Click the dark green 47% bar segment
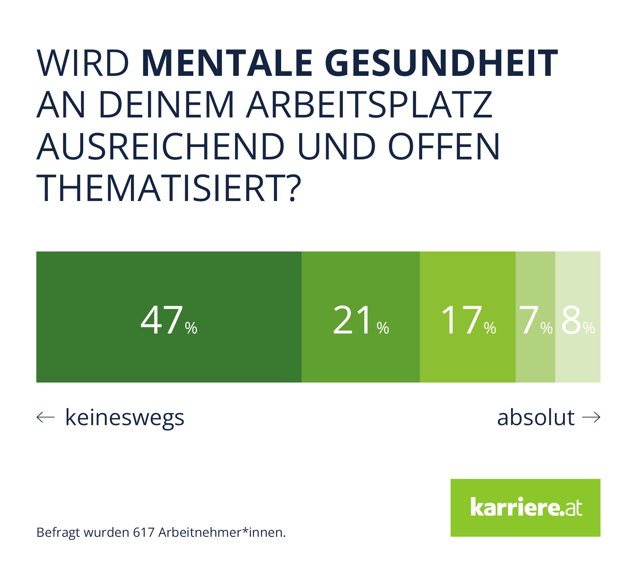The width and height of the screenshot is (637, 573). pyautogui.click(x=169, y=317)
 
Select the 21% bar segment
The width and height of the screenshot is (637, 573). pyautogui.click(x=360, y=317)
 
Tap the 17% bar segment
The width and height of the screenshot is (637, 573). pyautogui.click(x=468, y=317)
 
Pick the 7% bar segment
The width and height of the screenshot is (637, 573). pyautogui.click(x=535, y=317)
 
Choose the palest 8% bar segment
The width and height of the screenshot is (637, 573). pyautogui.click(x=578, y=317)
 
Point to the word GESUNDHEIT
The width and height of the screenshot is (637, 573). pyautogui.click(x=441, y=63)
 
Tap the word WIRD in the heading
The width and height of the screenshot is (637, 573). pyautogui.click(x=83, y=63)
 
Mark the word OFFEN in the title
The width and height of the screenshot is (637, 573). pyautogui.click(x=444, y=147)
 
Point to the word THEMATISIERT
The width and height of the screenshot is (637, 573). pyautogui.click(x=168, y=188)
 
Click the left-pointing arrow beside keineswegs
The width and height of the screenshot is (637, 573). pyautogui.click(x=45, y=417)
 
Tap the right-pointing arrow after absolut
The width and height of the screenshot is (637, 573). pyautogui.click(x=591, y=417)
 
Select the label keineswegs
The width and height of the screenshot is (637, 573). pyautogui.click(x=125, y=417)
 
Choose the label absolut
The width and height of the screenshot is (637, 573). pyautogui.click(x=536, y=417)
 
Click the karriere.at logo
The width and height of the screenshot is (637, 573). pyautogui.click(x=525, y=508)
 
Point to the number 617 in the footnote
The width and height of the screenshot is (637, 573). pyautogui.click(x=144, y=532)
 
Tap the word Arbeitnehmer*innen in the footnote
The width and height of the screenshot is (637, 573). pyautogui.click(x=222, y=532)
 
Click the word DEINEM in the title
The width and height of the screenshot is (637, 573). pyautogui.click(x=166, y=105)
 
